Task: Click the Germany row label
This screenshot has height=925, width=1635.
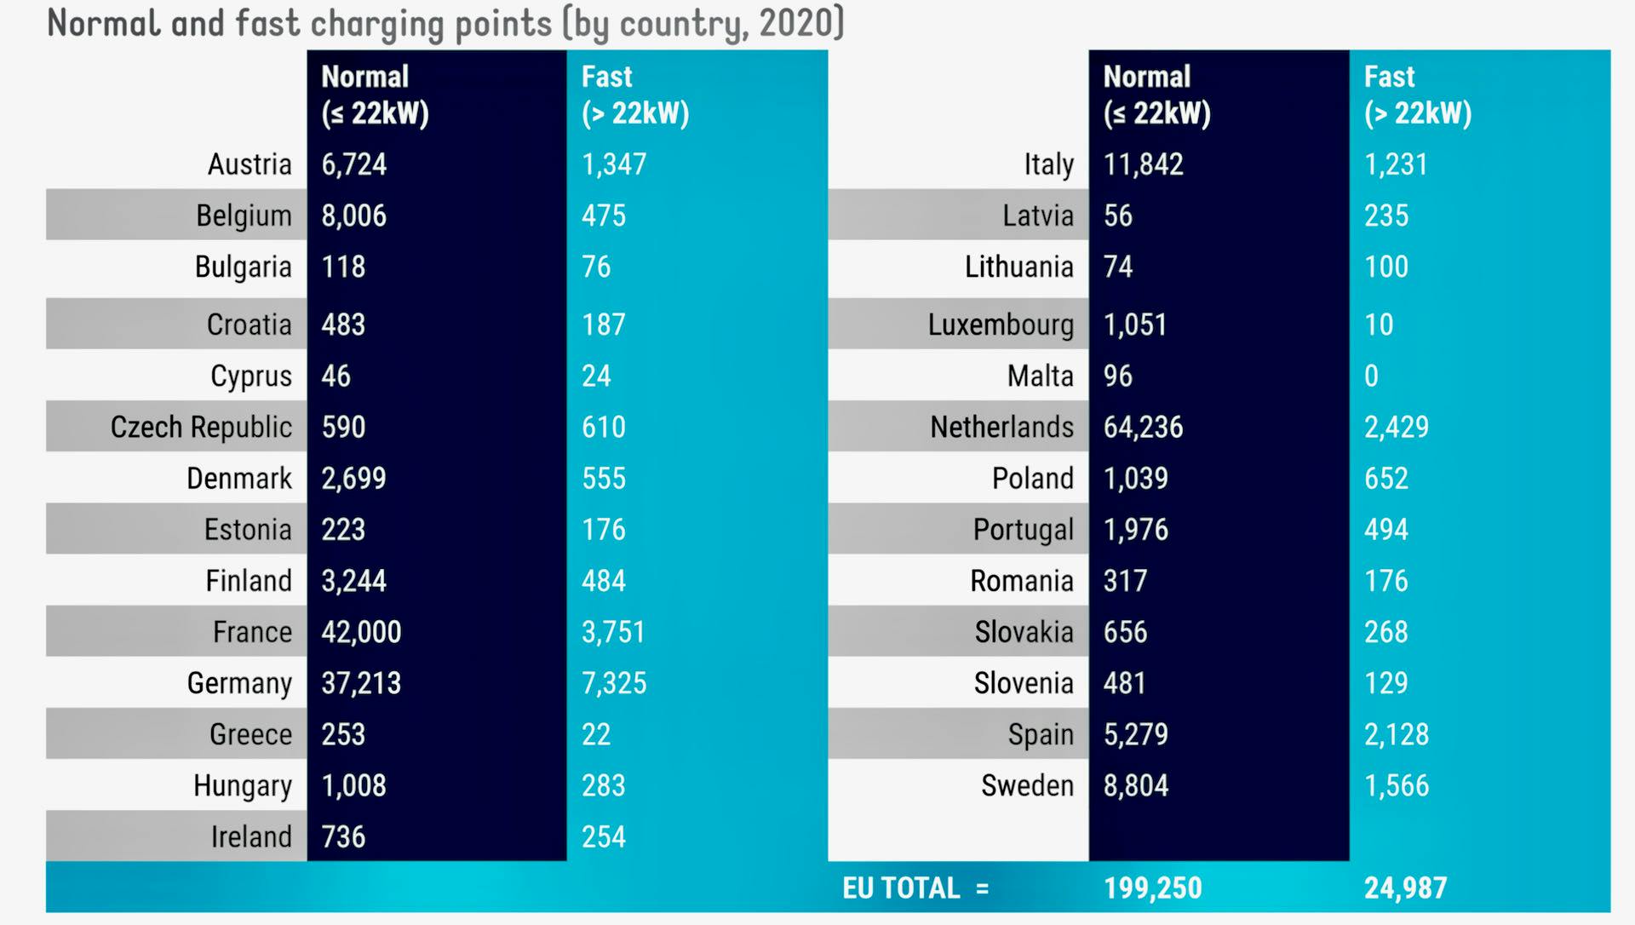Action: pyautogui.click(x=239, y=683)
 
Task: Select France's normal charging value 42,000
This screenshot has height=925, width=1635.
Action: pyautogui.click(x=361, y=632)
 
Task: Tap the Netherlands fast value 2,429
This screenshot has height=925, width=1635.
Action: pyautogui.click(x=1397, y=427)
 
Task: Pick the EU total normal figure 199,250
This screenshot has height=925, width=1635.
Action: pyautogui.click(x=1152, y=888)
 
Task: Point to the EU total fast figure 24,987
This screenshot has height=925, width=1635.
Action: pyautogui.click(x=1405, y=888)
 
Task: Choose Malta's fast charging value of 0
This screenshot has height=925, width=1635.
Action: pyautogui.click(x=1371, y=376)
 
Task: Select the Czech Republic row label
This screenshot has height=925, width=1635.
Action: pyautogui.click(x=201, y=427)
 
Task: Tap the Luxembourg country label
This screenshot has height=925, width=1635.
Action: pyautogui.click(x=1001, y=325)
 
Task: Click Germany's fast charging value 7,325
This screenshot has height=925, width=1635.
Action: pyautogui.click(x=614, y=683)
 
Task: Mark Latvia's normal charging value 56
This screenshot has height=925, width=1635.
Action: pyautogui.click(x=1117, y=215)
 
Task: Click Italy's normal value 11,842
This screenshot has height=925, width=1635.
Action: pyautogui.click(x=1143, y=164)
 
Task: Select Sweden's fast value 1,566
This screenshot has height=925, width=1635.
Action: pyautogui.click(x=1397, y=785)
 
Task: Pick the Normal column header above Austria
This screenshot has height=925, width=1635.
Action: pyautogui.click(x=375, y=95)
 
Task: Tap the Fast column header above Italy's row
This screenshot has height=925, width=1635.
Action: pyautogui.click(x=1417, y=95)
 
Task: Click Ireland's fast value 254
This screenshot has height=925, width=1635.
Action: pyautogui.click(x=604, y=836)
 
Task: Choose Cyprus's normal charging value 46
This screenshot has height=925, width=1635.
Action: pyautogui.click(x=336, y=376)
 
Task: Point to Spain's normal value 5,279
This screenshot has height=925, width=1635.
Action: pyautogui.click(x=1135, y=734)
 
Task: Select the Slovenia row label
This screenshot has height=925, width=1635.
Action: pyautogui.click(x=1024, y=683)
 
